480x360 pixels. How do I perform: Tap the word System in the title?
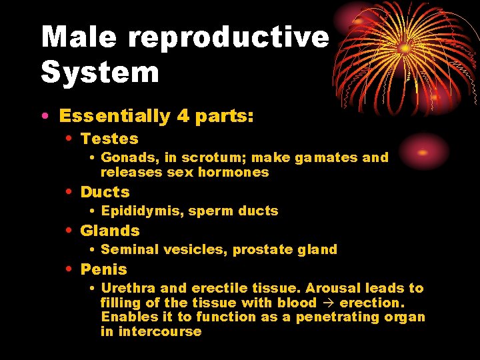pyautogui.click(x=100, y=72)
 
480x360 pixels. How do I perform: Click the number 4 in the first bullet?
pyautogui.click(x=183, y=116)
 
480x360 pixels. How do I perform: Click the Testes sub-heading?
pyautogui.click(x=109, y=139)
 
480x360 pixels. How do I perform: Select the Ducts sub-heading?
pyautogui.click(x=105, y=192)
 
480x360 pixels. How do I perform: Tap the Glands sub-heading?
pyautogui.click(x=110, y=231)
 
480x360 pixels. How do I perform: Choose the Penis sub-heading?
pyautogui.click(x=103, y=269)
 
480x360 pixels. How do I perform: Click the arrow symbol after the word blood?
pyautogui.click(x=327, y=303)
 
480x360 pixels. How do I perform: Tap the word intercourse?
pyautogui.click(x=160, y=331)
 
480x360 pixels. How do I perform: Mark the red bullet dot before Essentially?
pyautogui.click(x=44, y=117)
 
